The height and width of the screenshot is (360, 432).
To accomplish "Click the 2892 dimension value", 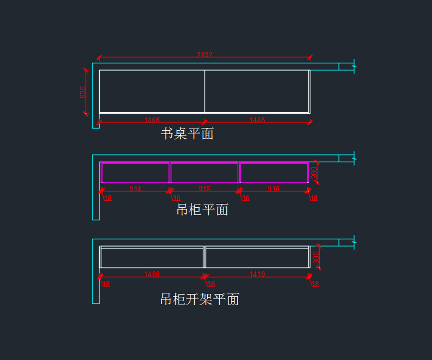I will pos(204,55).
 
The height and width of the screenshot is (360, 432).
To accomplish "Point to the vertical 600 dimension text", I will pos(83,92).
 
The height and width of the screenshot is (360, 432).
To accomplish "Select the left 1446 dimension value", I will pos(152,120).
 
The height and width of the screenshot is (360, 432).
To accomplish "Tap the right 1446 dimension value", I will pos(257,120).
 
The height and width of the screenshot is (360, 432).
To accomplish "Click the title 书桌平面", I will pos(187,134).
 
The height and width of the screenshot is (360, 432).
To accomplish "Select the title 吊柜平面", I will pos(202,210).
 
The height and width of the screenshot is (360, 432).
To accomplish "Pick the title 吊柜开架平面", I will pos(200,299).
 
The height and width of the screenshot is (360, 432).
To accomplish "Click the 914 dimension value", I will pos(135,189).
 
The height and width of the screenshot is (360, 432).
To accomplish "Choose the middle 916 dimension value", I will pos(204,189).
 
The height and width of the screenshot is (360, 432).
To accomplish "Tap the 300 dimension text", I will pos(316,257).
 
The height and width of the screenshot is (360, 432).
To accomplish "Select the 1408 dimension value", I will pos(152,274).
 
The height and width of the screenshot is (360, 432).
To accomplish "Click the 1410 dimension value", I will pos(257,274).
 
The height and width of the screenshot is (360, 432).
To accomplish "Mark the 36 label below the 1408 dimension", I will pos(211,284).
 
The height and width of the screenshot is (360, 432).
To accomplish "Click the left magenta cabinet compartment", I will pos(136,173).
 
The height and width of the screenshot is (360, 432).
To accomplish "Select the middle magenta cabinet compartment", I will pos(204,173).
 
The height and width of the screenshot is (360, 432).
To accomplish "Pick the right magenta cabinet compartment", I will pos(274,173).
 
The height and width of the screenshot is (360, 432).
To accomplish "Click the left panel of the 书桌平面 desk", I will pos(152,91).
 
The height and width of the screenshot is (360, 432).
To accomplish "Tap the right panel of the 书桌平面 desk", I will pos(257,91).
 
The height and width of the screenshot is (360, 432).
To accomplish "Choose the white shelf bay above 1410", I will pos(257,258).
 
